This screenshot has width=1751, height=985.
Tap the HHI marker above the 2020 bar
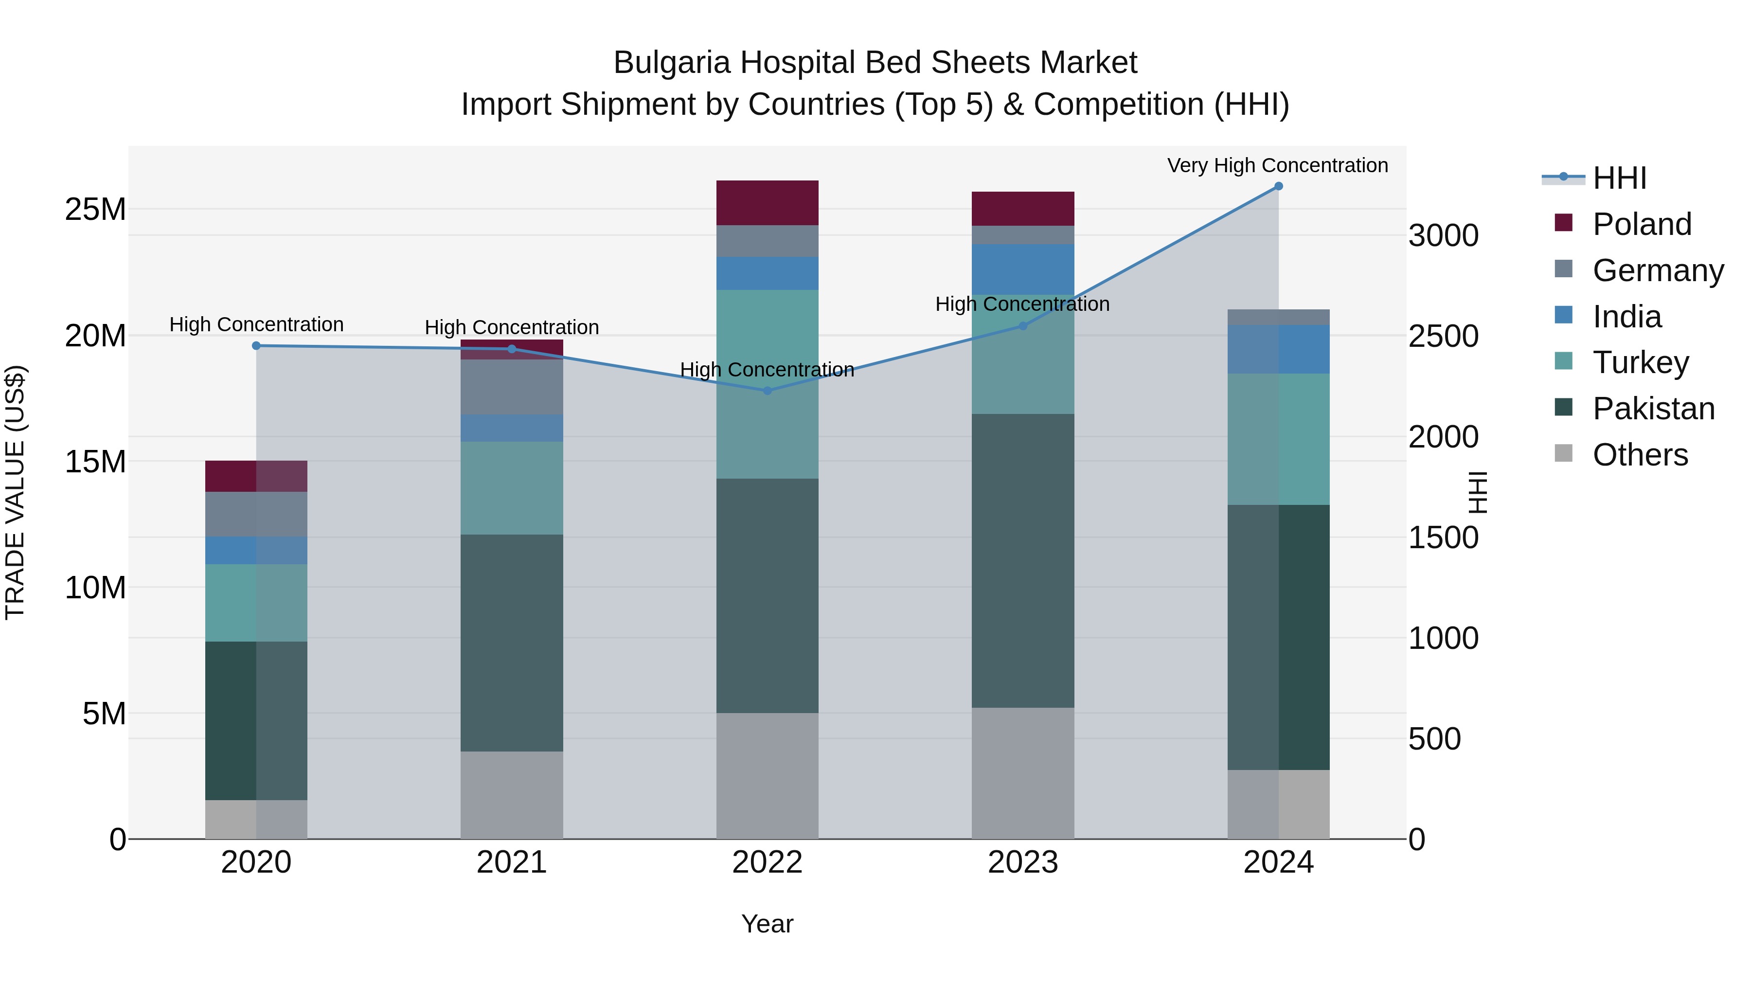pos(256,346)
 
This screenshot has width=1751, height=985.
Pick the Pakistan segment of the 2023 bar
pos(1022,561)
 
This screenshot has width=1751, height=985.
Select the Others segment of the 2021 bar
pos(511,795)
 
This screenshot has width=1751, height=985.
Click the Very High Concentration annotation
pos(1277,165)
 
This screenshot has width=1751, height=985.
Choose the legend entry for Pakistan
pos(1653,409)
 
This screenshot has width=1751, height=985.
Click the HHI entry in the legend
pos(1619,178)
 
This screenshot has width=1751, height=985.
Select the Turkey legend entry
pos(1640,362)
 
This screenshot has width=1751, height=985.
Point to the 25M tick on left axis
pos(95,209)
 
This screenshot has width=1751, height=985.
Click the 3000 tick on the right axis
pos(1443,236)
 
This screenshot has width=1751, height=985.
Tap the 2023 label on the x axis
pos(1022,862)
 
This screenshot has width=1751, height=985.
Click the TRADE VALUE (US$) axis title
pos(16,492)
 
